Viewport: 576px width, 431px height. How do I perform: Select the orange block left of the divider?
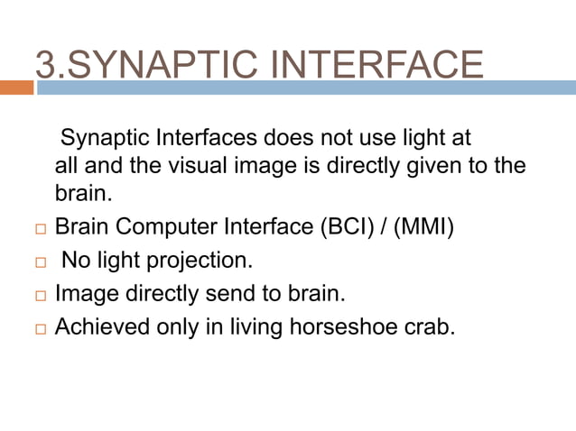click(x=16, y=87)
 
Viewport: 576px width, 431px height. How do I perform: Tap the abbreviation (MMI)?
click(x=424, y=226)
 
